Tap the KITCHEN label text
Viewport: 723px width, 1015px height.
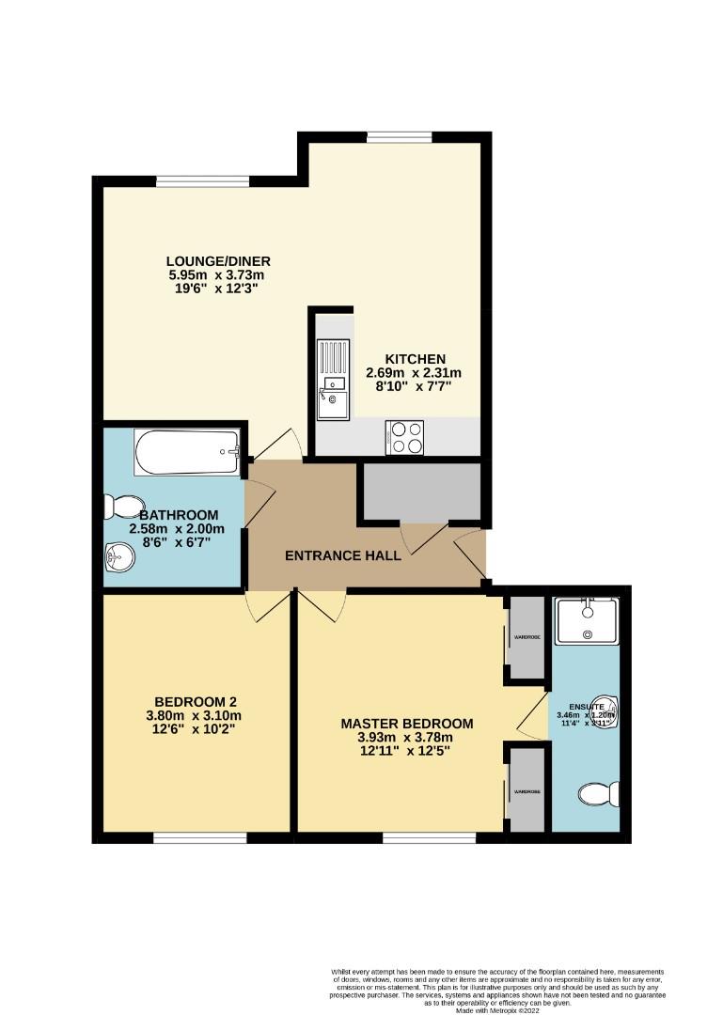414,359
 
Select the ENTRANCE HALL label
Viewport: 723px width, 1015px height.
343,555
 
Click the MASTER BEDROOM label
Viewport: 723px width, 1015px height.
406,723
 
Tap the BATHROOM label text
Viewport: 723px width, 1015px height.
179,515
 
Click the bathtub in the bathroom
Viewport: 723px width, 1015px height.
188,452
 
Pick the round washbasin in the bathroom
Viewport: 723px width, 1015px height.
119,558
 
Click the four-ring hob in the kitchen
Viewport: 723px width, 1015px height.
404,437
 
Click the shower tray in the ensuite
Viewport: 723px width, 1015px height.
586,621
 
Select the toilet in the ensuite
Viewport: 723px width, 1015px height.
598,795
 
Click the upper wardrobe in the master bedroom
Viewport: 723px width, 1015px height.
527,637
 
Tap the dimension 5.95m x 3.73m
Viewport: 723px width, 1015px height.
217,275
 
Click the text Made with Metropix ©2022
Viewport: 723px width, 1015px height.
498,1009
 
